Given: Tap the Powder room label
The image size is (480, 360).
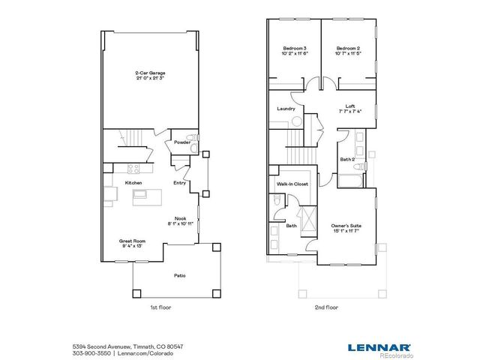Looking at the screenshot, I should point(182,142).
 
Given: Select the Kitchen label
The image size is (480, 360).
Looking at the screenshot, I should point(133,182).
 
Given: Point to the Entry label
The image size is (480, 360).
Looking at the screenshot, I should point(180,182).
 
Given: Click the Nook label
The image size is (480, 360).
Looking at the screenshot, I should point(181,218).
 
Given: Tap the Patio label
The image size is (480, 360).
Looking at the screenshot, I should point(180,275).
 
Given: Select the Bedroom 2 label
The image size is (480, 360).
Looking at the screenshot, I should point(349,48).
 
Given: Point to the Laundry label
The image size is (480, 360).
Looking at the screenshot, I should point(286,109).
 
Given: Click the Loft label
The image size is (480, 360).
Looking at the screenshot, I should point(350,106).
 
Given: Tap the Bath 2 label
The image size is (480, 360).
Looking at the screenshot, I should point(346,159).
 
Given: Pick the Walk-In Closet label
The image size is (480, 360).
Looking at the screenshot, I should point(292,183).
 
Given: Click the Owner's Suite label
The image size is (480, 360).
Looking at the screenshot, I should point(346,226).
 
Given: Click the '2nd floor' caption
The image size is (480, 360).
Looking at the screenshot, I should point(327,308).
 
